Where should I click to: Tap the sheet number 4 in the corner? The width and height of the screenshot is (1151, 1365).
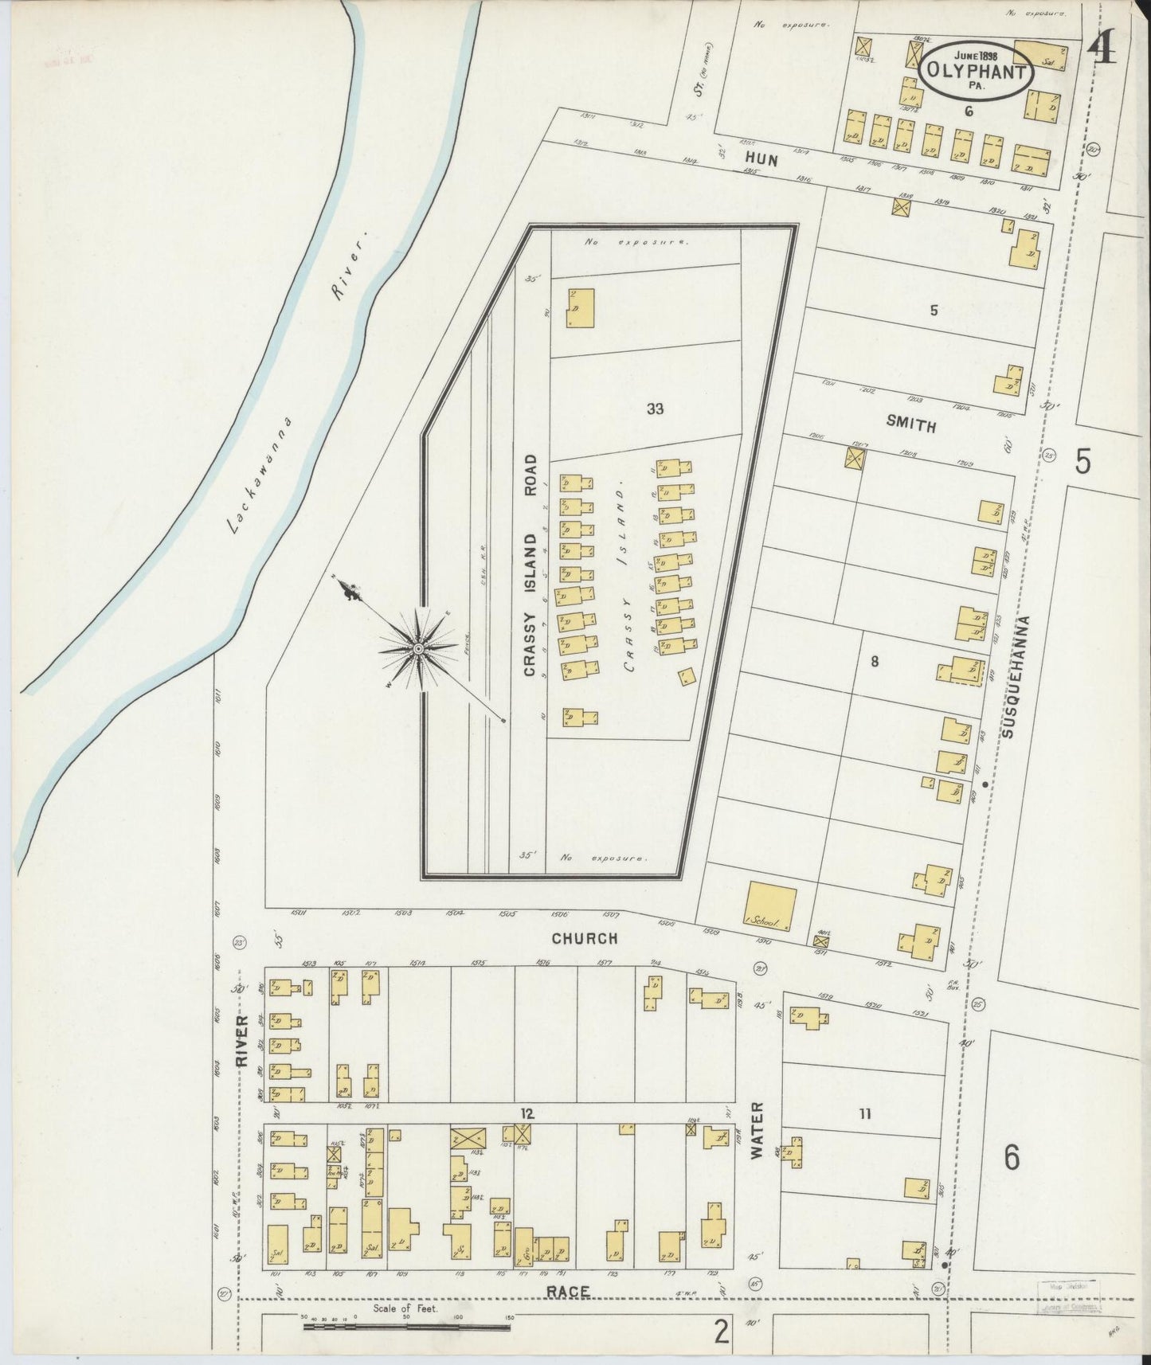coord(1102,50)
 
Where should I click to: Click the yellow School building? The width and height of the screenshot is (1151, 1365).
coord(770,906)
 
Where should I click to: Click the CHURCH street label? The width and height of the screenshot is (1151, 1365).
coord(585,939)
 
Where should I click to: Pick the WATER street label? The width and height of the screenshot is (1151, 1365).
coord(757,1130)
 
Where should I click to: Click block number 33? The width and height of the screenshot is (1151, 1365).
coord(655,409)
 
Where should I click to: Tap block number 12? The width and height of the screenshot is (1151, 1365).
coord(527,1113)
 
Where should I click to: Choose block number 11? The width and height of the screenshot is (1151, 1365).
coord(865,1114)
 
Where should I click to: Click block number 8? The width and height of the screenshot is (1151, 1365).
coord(874,660)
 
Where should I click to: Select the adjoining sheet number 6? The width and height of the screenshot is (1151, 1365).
coord(1011,1157)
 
